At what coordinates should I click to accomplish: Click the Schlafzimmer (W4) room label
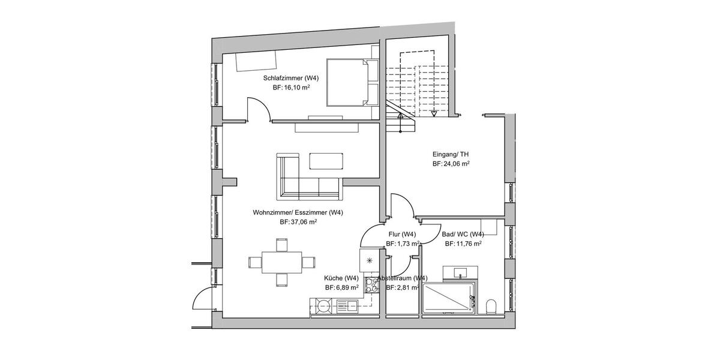pyautogui.click(x=290, y=78)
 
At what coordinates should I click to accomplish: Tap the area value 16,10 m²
pyautogui.click(x=290, y=88)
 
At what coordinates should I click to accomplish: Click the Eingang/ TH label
pyautogui.click(x=450, y=154)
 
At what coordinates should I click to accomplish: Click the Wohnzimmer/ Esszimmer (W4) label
pyautogui.click(x=298, y=212)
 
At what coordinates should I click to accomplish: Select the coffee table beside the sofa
pyautogui.click(x=326, y=161)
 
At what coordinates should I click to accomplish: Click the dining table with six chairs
pyautogui.click(x=281, y=262)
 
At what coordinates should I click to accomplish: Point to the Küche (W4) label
pyautogui.click(x=341, y=278)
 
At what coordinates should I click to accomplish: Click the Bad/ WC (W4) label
pyautogui.click(x=463, y=234)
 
